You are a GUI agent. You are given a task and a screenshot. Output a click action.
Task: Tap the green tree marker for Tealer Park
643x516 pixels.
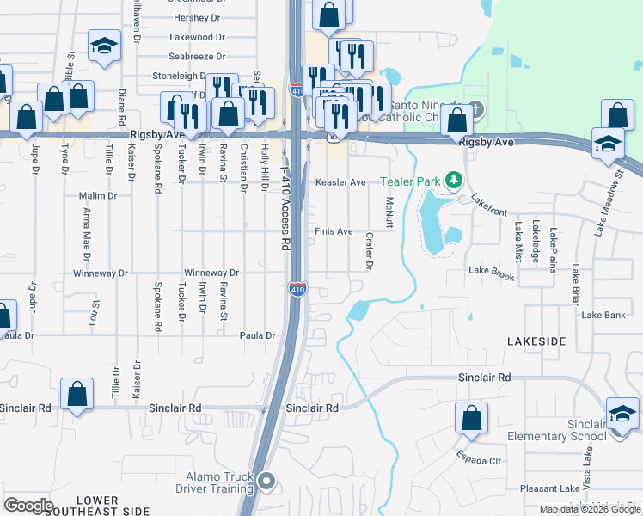[454, 181]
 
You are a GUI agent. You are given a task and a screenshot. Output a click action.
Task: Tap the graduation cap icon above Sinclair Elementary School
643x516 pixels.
[622, 414]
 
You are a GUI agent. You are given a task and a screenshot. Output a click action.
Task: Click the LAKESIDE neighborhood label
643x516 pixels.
[536, 341]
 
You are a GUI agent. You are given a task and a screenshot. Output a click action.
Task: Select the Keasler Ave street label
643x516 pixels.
[341, 182]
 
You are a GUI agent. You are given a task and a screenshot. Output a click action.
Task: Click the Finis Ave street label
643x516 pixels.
[334, 231]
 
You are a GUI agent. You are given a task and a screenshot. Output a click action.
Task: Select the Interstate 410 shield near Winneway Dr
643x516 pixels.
[297, 290]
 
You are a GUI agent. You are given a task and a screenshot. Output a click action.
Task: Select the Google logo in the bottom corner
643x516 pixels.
[28, 506]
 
